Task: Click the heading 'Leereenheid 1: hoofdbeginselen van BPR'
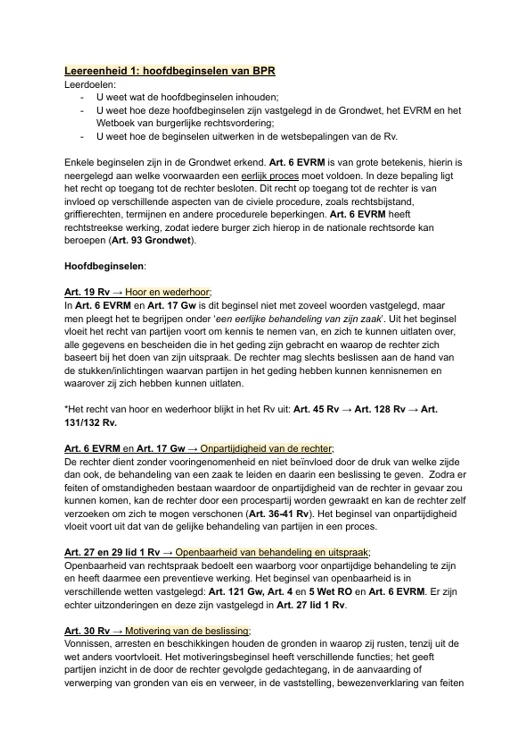click(169, 71)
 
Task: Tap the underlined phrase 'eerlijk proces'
click(269, 175)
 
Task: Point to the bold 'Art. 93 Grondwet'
click(151, 241)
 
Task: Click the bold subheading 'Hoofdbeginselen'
click(104, 266)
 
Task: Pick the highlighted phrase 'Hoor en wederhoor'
click(167, 292)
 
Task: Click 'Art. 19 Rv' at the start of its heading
click(87, 292)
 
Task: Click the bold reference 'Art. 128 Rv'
click(380, 409)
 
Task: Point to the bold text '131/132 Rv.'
click(91, 423)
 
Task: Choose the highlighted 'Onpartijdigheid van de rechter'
click(265, 449)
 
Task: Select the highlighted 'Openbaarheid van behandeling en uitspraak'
click(272, 552)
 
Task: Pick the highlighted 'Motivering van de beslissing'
click(187, 631)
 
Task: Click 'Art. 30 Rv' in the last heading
click(87, 631)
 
